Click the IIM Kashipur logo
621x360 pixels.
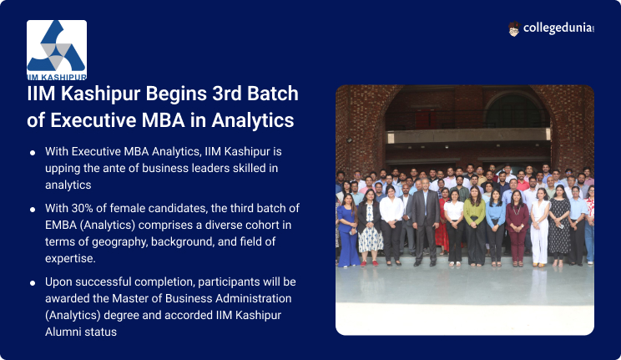(x=57, y=50)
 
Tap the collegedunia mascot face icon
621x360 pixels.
(x=513, y=29)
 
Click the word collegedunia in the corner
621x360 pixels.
(x=558, y=28)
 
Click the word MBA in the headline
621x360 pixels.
(x=163, y=120)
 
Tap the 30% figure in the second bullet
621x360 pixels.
(x=81, y=208)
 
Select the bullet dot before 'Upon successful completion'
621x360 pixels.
(x=33, y=282)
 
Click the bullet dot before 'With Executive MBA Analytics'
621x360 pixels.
(x=33, y=153)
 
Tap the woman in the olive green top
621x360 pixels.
(x=474, y=226)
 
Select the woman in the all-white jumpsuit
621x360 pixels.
(x=540, y=227)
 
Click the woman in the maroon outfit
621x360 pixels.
(x=517, y=229)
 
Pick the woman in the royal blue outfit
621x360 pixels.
(x=348, y=231)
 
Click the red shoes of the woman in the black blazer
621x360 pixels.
(x=369, y=263)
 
